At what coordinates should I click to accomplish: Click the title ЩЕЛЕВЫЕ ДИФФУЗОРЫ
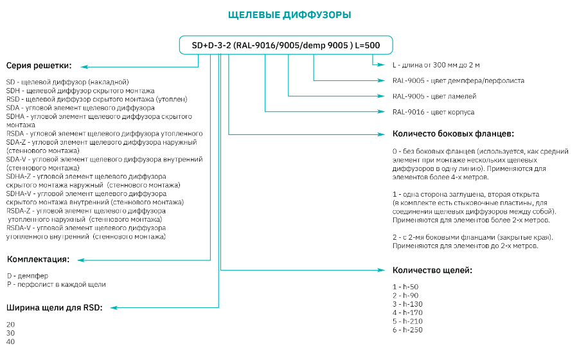[x=289, y=15]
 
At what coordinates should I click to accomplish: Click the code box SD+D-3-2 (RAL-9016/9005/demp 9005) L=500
[x=286, y=45]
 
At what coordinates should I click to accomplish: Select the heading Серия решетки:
[x=39, y=66]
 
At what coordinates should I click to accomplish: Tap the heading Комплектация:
[x=38, y=259]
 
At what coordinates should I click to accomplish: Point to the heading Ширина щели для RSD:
[x=54, y=307]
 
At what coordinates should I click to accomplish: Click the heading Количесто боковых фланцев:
[x=453, y=134]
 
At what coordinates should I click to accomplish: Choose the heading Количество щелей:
[x=432, y=270]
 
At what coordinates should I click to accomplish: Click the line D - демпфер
[x=28, y=276]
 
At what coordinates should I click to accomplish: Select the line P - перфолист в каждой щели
[x=56, y=284]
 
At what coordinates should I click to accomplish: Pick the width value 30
[x=10, y=333]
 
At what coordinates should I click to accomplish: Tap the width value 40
[x=10, y=341]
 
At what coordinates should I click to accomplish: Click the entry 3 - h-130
[x=407, y=304]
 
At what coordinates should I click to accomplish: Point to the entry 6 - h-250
[x=407, y=330]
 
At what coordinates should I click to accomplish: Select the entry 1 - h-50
[x=405, y=287]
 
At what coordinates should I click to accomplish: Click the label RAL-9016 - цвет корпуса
[x=433, y=112]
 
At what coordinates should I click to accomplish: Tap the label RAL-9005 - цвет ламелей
[x=434, y=96]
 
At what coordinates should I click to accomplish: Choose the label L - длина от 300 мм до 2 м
[x=436, y=65]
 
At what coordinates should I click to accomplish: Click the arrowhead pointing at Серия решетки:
[x=84, y=67]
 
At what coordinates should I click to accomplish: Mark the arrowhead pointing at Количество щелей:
[x=381, y=270]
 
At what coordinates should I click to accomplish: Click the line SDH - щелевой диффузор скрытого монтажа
[x=80, y=91]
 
